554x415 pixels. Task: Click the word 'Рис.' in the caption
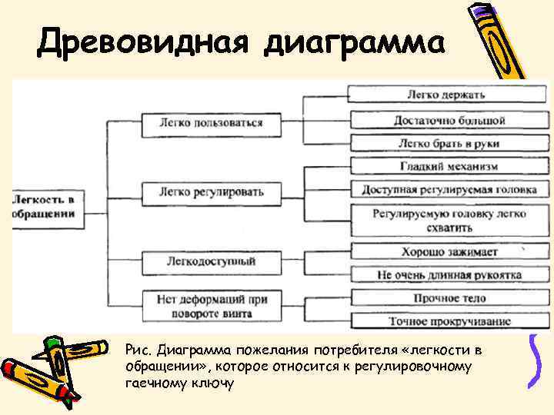[x=138, y=350]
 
